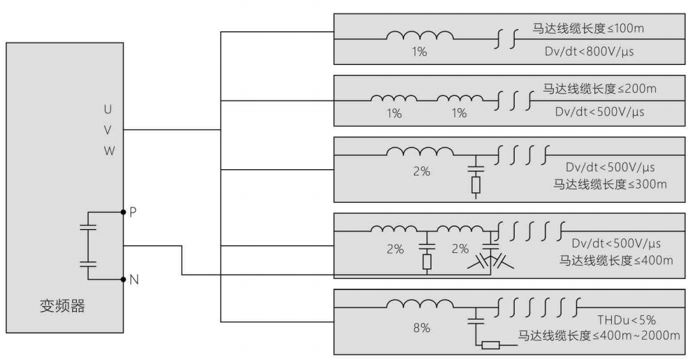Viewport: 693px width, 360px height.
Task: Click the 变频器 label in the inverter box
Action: [x=62, y=306]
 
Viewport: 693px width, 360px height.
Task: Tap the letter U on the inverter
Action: [x=108, y=110]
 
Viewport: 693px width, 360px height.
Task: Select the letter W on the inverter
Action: [x=108, y=150]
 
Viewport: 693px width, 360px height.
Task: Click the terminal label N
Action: [x=133, y=280]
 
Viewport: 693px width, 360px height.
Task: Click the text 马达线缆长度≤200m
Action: [x=600, y=91]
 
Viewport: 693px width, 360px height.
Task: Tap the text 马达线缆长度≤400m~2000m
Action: [x=598, y=336]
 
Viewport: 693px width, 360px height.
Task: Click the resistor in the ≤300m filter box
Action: [x=476, y=185]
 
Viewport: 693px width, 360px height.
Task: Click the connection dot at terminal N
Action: [x=123, y=280]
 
